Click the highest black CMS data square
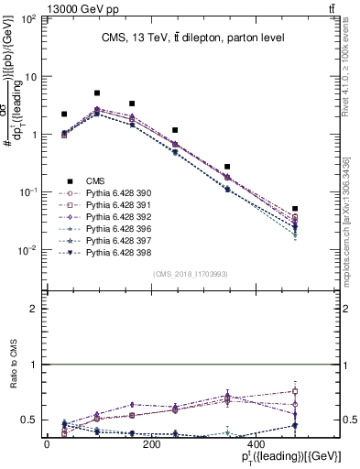click(x=97, y=93)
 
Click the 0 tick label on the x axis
click(x=47, y=444)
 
